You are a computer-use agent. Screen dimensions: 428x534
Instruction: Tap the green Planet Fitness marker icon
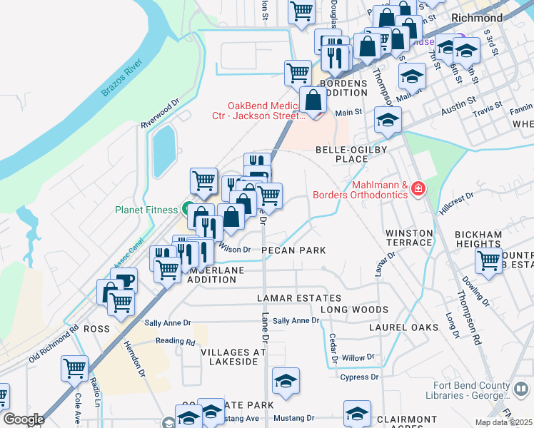pos(187,210)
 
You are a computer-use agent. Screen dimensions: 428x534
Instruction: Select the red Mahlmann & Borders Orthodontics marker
pos(418,190)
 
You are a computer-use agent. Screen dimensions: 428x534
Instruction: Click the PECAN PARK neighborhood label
pos(293,250)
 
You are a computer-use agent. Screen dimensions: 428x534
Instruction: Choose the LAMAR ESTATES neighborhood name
pos(300,297)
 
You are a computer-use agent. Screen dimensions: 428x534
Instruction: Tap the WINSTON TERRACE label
pos(409,238)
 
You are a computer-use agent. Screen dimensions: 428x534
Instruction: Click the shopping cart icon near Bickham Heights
pos(489,260)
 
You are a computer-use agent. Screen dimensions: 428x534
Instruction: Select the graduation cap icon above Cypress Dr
pos(286,381)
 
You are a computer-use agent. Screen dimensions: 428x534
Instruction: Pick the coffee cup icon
pos(124,280)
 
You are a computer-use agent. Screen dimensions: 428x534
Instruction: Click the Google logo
pos(24,419)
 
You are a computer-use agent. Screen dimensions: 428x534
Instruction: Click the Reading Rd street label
pos(176,342)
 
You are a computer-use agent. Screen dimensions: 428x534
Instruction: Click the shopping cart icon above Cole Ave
pos(74,368)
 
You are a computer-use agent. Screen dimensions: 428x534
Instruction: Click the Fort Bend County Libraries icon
pos(521,389)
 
